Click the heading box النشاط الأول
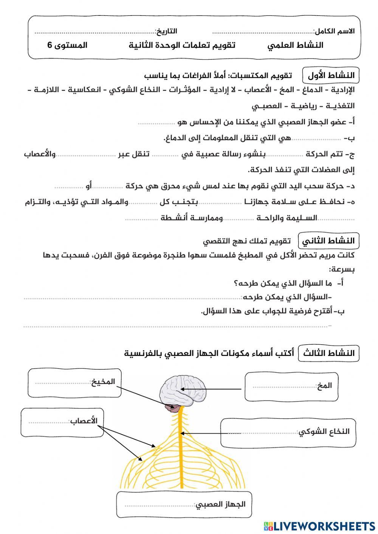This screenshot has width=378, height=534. [331, 76]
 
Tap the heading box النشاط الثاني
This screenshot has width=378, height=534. [328, 241]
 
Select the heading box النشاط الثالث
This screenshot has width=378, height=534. [328, 353]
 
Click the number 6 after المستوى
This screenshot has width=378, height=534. [50, 45]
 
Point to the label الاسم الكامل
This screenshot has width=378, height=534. [334, 31]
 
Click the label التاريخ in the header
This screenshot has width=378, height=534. [166, 31]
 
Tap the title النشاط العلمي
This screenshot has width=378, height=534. [296, 45]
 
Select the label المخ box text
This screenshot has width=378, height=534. [325, 385]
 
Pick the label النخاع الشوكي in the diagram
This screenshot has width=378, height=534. [324, 432]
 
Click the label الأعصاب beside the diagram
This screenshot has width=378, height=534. [84, 421]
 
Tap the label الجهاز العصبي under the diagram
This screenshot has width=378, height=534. [220, 504]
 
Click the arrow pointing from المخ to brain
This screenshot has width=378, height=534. [212, 389]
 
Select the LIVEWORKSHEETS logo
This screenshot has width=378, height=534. [319, 526]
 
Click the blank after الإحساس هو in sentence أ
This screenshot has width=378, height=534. [157, 122]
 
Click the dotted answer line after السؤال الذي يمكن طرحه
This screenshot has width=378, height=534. [132, 298]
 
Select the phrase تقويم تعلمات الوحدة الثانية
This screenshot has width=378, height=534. [182, 45]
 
